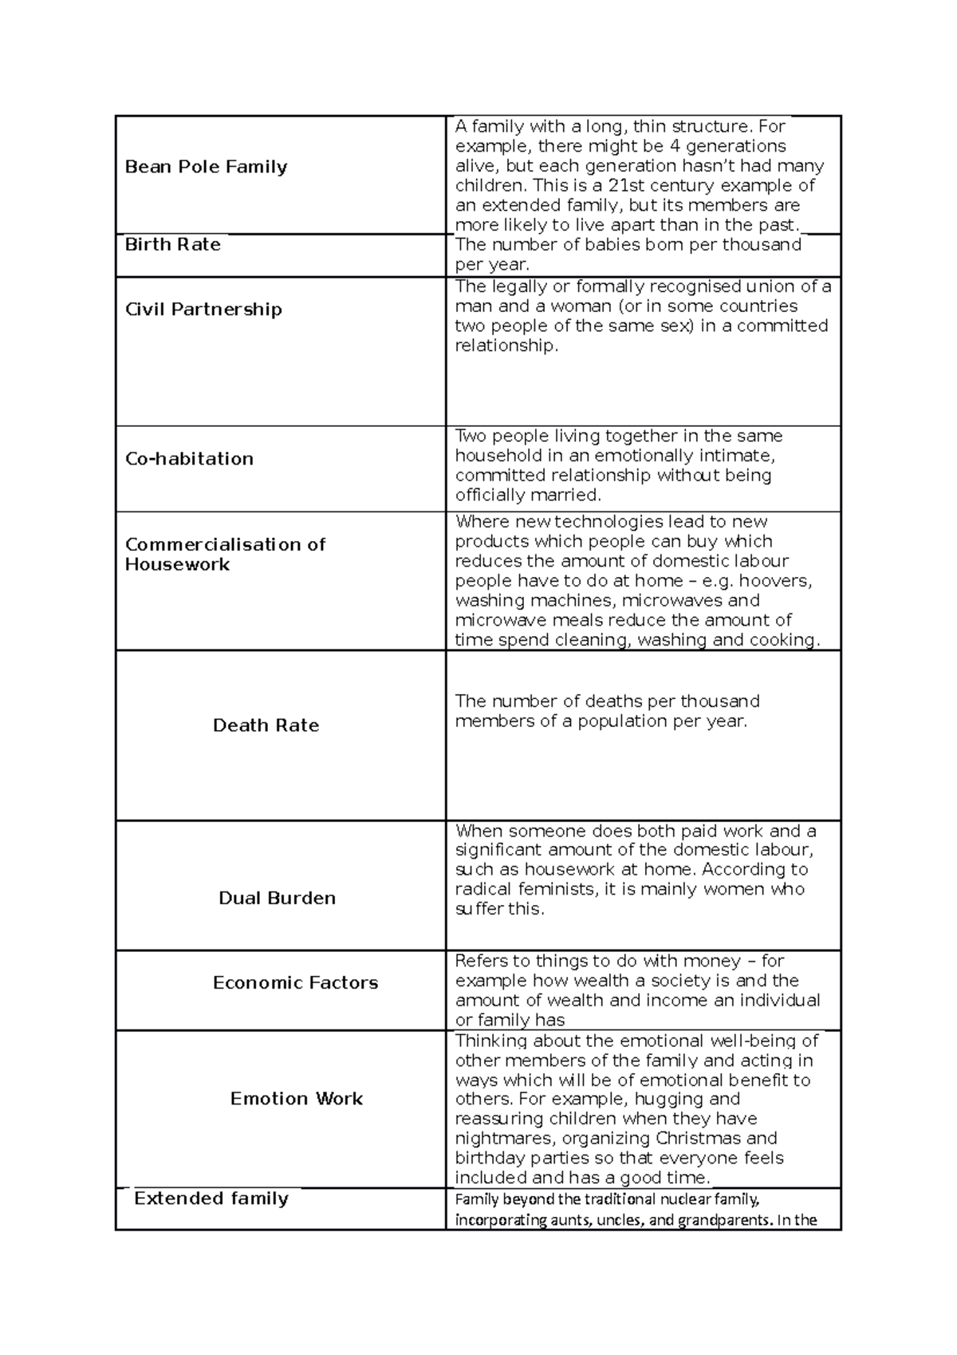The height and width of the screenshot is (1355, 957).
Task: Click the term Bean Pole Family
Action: click(206, 167)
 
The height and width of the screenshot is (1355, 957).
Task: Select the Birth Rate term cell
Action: click(172, 244)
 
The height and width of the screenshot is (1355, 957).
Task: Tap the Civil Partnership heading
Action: click(203, 310)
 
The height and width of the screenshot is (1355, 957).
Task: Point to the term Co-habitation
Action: click(189, 459)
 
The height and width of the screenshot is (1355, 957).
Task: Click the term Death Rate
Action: click(266, 725)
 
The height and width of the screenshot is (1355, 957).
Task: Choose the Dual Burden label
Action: click(277, 899)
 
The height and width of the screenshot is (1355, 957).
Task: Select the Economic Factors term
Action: click(295, 983)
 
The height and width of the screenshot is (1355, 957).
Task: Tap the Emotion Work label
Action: click(296, 1099)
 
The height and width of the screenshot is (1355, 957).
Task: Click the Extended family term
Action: click(211, 1199)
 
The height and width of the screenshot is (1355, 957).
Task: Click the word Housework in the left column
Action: click(177, 564)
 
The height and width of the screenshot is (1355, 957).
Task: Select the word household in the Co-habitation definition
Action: click(493, 456)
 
